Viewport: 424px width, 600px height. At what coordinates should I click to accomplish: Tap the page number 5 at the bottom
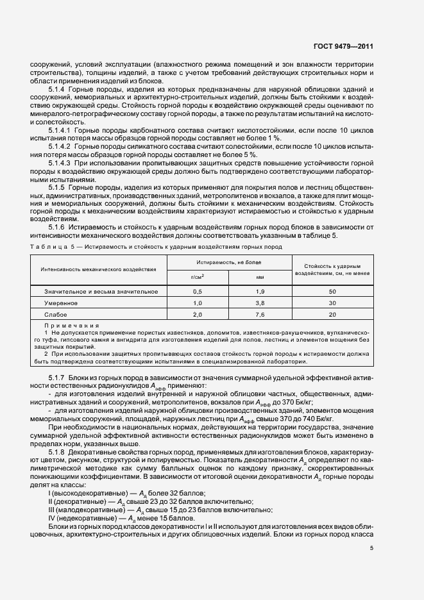click(371, 548)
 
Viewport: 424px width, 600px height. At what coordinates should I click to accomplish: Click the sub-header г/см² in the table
click(198, 277)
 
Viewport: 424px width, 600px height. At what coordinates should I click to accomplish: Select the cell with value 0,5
click(198, 291)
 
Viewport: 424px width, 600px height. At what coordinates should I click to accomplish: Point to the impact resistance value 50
click(332, 291)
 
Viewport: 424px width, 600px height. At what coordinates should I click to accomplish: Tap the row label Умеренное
click(60, 303)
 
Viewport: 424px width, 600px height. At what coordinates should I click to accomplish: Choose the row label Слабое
click(56, 315)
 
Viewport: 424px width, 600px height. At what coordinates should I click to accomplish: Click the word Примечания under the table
click(72, 326)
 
